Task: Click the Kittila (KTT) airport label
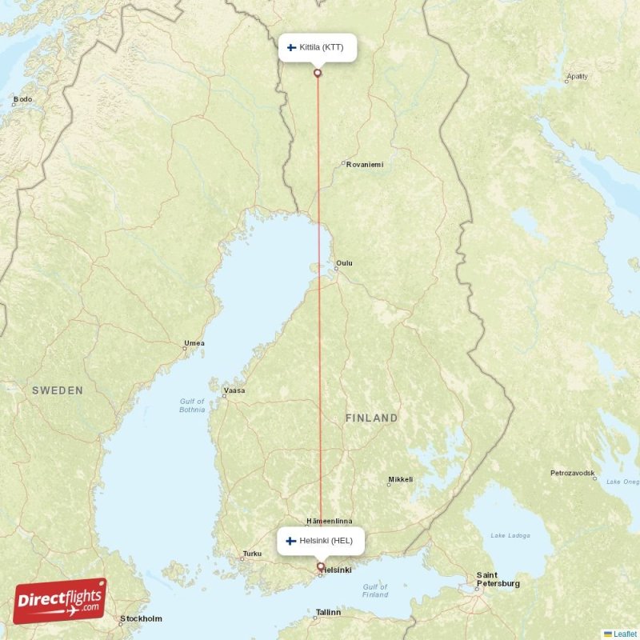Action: click(317, 47)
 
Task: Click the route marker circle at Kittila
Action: click(318, 74)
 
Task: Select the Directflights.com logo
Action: click(60, 601)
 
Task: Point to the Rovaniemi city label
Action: click(365, 164)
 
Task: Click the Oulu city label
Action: click(344, 263)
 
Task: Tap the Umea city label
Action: click(194, 344)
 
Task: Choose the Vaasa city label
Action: click(234, 391)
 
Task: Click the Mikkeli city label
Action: click(401, 480)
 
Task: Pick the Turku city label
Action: click(252, 554)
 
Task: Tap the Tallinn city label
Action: click(327, 612)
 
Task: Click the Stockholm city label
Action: click(141, 618)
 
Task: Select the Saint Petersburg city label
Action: click(498, 579)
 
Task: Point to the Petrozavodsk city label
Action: click(573, 473)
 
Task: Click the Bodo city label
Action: click(22, 99)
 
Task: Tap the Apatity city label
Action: click(577, 77)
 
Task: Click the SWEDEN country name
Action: click(58, 390)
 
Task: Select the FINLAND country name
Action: click(371, 418)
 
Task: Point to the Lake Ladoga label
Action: click(509, 535)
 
